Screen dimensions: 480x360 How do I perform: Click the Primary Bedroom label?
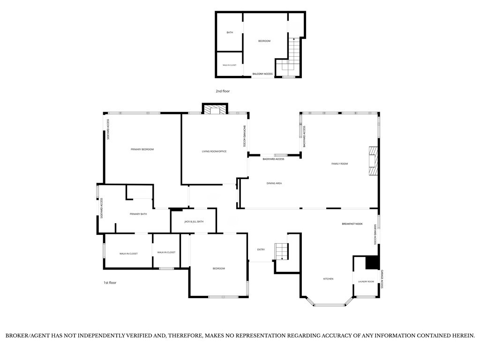(x=142, y=150)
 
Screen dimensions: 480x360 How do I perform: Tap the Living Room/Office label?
(x=214, y=151)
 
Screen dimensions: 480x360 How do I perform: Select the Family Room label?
(x=339, y=164)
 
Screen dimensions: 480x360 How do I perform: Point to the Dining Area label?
(x=274, y=183)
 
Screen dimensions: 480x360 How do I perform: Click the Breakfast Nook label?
(x=352, y=224)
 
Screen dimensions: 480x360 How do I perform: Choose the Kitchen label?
(x=328, y=279)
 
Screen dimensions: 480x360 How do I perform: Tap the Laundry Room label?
(x=366, y=282)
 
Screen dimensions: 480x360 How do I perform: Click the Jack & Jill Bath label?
(x=194, y=222)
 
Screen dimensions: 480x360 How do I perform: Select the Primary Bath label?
(x=138, y=214)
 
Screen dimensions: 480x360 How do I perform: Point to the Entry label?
(x=261, y=250)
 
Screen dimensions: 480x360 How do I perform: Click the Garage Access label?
(x=382, y=279)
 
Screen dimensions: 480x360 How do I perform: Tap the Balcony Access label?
(x=262, y=74)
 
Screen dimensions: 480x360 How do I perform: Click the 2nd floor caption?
(x=223, y=91)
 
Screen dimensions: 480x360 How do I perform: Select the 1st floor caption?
(x=110, y=283)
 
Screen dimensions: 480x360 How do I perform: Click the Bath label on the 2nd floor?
(x=230, y=32)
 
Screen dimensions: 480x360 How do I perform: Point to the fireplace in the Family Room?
(x=373, y=161)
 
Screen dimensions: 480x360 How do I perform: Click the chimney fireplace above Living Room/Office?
(x=215, y=109)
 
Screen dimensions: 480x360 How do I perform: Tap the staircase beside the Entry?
(x=281, y=251)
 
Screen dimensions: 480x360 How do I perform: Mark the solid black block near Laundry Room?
(x=372, y=262)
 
